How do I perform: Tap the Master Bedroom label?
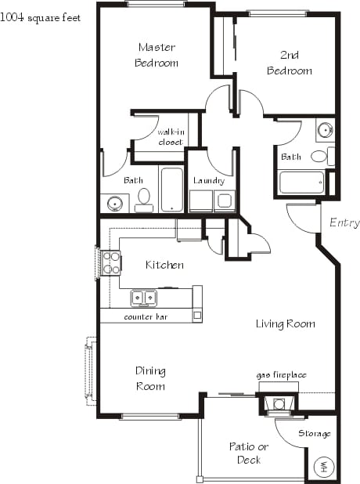tap(156, 55)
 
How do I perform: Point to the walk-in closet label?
tap(170, 137)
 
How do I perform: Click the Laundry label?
tap(209, 181)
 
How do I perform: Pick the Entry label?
tap(344, 223)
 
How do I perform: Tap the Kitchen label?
tap(164, 265)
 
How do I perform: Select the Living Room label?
tap(285, 323)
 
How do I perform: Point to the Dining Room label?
tap(149, 378)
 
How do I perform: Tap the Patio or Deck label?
tap(248, 453)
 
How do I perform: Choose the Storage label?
tap(315, 434)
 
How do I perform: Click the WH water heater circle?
tap(323, 468)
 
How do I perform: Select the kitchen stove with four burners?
tap(111, 262)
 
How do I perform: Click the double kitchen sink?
tap(143, 298)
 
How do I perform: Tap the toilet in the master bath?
tap(143, 200)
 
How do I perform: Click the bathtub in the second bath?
tap(301, 183)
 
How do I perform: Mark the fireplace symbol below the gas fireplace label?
tap(277, 404)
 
